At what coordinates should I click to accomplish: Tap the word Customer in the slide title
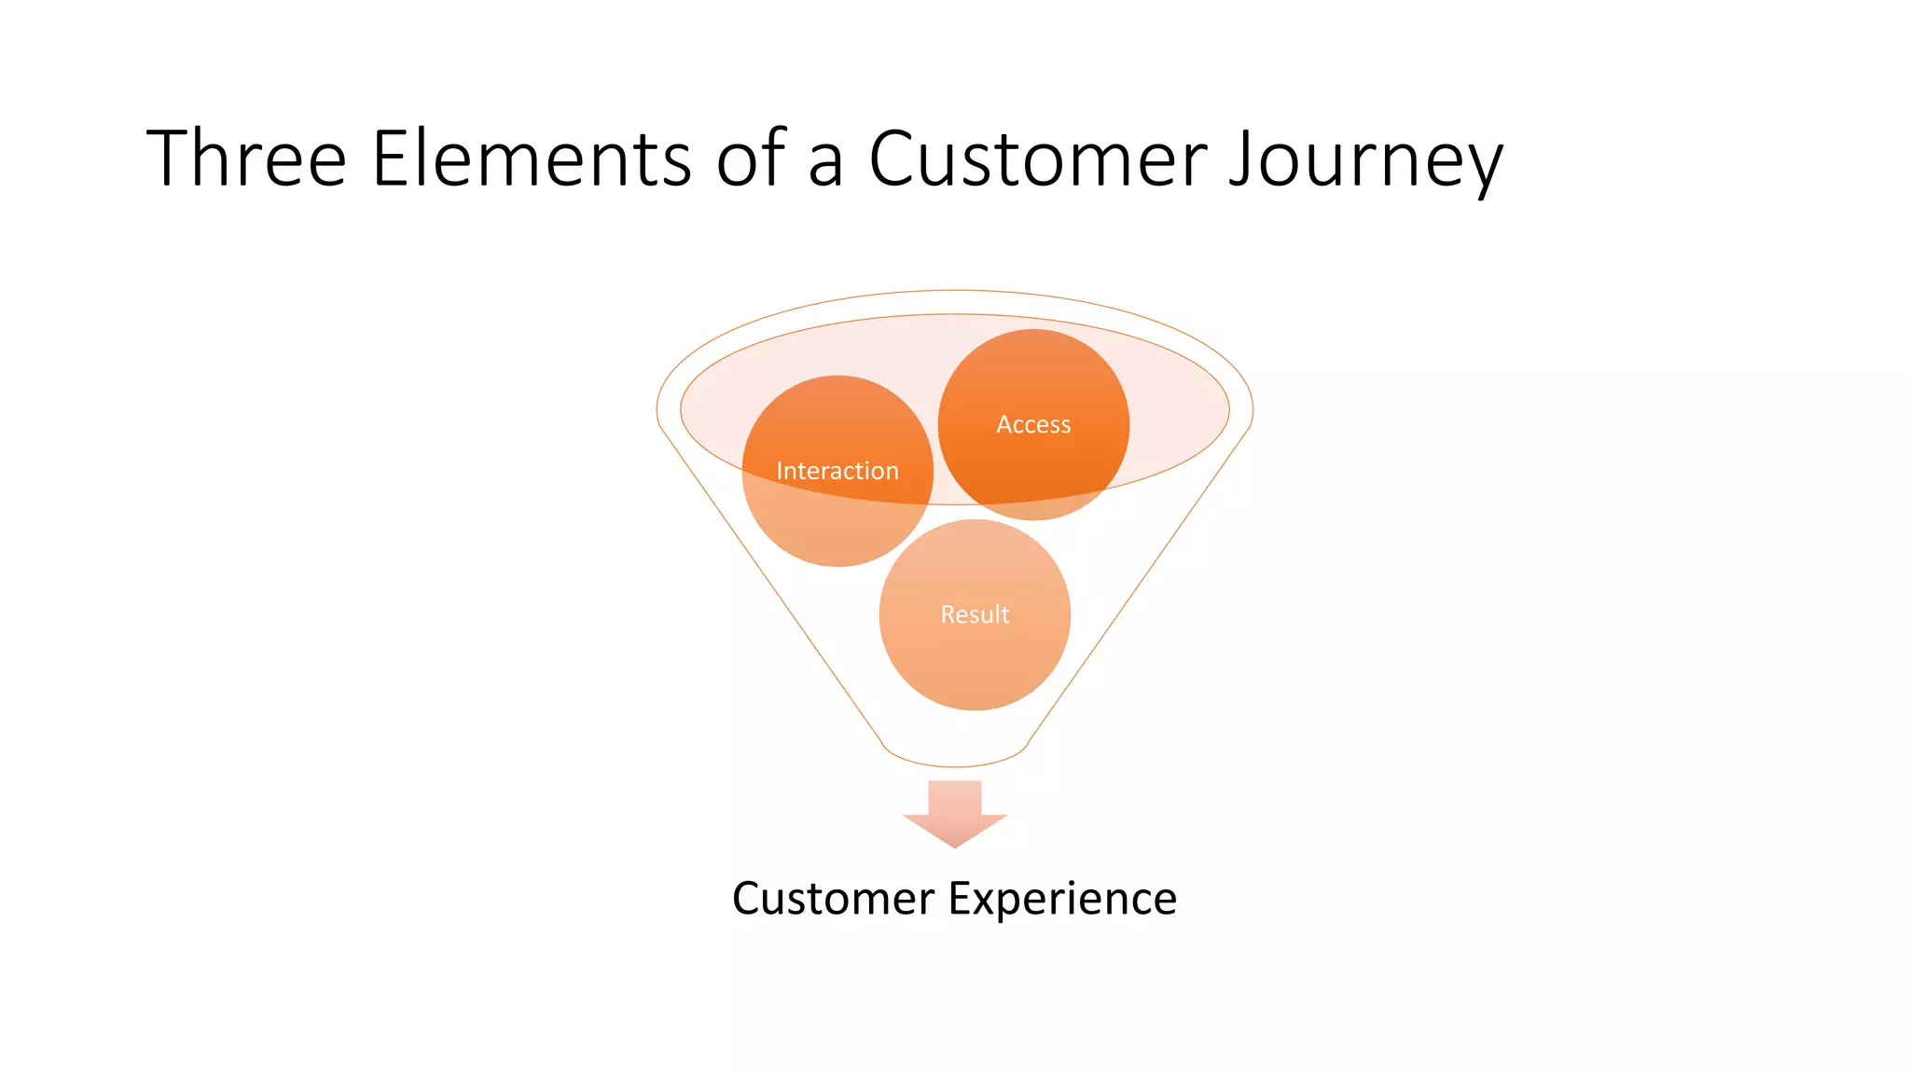[1038, 158]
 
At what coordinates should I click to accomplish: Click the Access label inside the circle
[1033, 424]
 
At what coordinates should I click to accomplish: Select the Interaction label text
[837, 471]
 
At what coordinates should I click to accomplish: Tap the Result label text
[975, 614]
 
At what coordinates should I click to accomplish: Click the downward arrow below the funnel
[955, 811]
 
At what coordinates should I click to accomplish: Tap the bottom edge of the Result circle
[975, 707]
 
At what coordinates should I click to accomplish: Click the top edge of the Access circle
[1033, 333]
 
